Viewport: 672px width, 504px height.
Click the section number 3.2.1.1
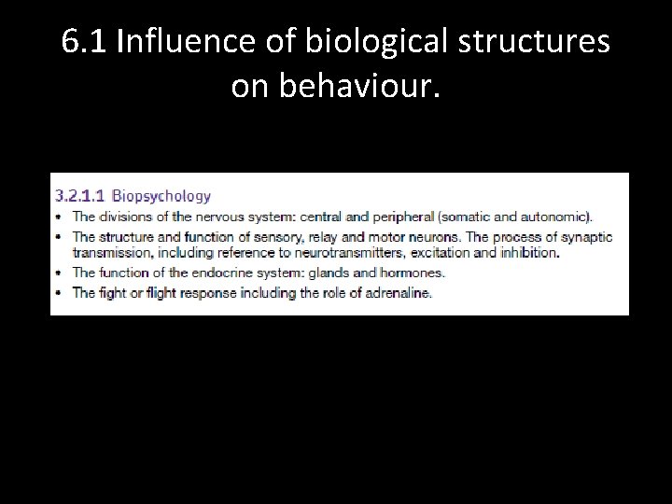[x=80, y=196]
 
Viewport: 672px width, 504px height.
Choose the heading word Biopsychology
[x=161, y=196]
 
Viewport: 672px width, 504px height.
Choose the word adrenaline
[x=399, y=293]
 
